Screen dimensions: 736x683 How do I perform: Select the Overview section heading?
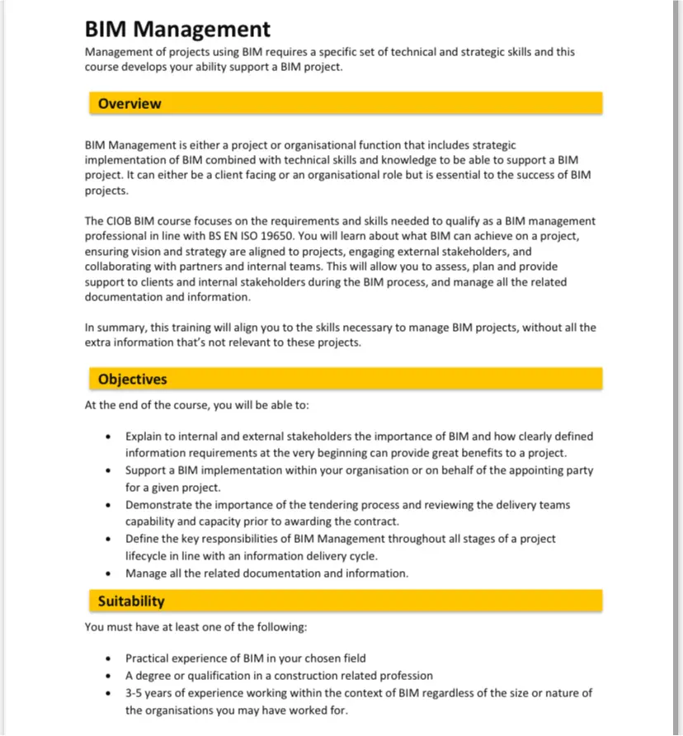130,104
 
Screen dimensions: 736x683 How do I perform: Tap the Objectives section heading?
132,380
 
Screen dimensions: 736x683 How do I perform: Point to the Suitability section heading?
131,602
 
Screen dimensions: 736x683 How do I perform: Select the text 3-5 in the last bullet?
134,693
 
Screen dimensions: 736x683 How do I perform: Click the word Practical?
148,658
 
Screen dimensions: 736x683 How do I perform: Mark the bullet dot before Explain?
108,436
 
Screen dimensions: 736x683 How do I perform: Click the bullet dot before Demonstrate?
108,505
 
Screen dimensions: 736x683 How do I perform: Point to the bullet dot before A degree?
108,676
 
